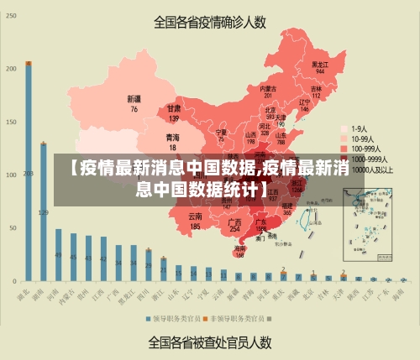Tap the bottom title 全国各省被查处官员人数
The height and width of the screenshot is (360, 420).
[x=209, y=342]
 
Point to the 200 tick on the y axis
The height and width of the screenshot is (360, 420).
[x=11, y=68]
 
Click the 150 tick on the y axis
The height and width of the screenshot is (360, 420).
[x=11, y=122]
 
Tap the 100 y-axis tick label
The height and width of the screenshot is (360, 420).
[x=11, y=175]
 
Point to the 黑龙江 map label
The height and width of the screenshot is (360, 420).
[x=319, y=64]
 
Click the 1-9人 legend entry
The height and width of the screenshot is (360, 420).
[x=359, y=129]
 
